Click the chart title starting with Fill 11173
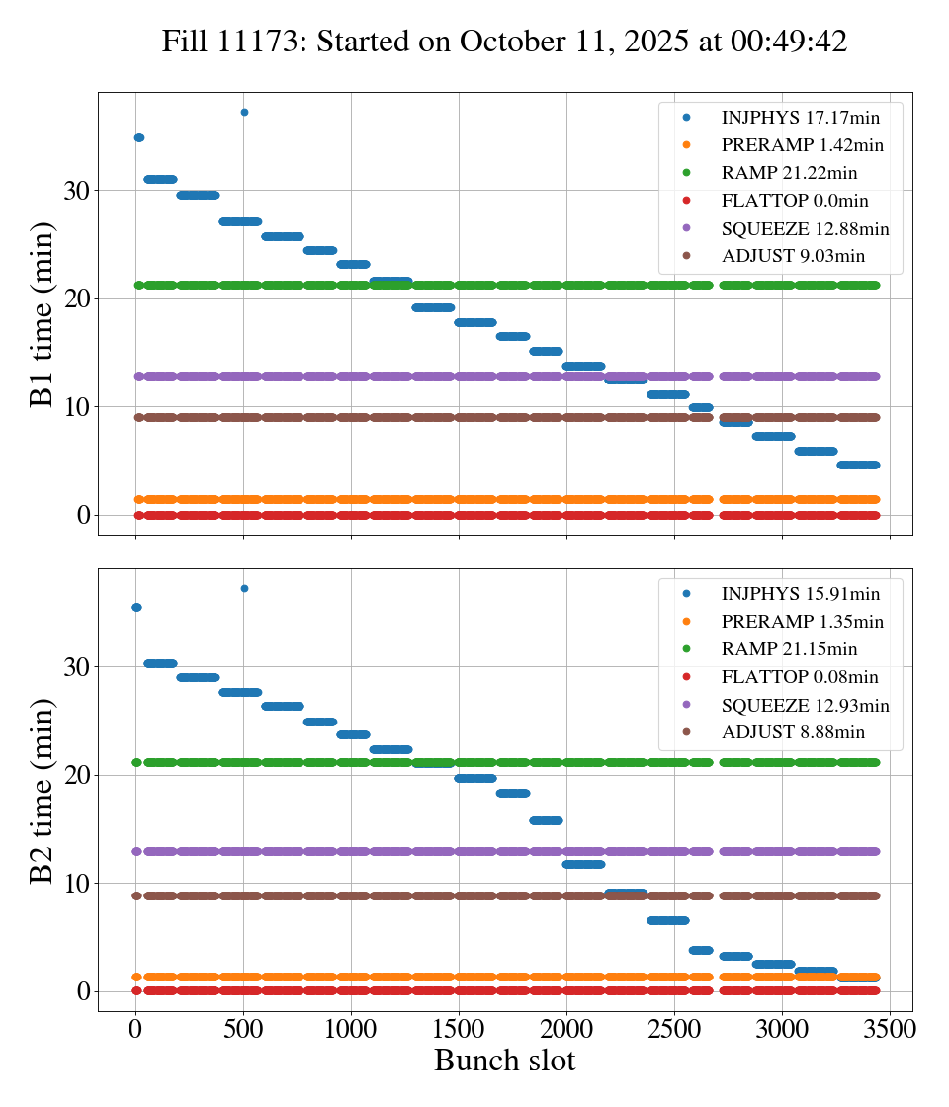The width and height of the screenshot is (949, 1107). [x=504, y=41]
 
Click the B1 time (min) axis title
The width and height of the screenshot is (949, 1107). [x=42, y=314]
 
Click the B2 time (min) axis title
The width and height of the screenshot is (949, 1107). [x=42, y=790]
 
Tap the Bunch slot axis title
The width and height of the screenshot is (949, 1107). [x=504, y=1061]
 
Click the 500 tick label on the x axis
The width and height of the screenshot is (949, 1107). [x=244, y=1028]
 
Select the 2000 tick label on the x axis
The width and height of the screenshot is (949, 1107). [x=566, y=1028]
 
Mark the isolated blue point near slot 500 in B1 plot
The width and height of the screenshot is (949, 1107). [x=244, y=112]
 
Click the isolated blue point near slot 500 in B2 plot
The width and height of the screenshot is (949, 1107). [x=244, y=588]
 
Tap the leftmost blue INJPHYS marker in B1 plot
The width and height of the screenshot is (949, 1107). [x=138, y=137]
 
